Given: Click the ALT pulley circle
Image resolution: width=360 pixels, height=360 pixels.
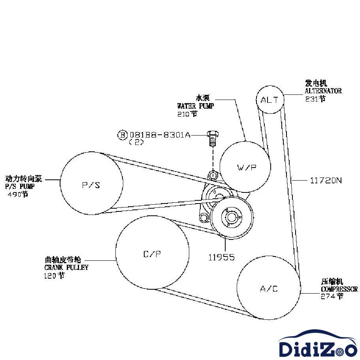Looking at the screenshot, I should click(270, 100).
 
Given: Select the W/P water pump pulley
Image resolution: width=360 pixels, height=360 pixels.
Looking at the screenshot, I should click(246, 167).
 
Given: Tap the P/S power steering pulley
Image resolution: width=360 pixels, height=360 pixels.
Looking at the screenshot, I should click(91, 184).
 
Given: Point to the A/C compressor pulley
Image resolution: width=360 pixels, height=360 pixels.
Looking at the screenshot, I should click(269, 288).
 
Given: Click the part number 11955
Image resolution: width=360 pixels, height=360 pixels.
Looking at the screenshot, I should click(222, 257).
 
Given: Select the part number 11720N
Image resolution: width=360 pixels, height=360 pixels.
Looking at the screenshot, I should click(326, 180).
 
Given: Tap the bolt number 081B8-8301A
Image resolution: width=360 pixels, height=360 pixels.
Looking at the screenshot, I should click(160, 135).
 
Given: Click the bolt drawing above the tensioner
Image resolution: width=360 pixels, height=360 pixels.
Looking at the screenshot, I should click(213, 138).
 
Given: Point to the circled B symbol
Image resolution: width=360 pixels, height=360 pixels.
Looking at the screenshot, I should click(123, 135).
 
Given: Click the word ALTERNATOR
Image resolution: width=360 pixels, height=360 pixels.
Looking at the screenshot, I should click(323, 91).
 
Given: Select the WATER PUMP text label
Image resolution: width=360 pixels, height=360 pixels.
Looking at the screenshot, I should click(195, 106).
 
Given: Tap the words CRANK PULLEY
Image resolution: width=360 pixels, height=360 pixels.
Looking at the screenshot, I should click(66, 268).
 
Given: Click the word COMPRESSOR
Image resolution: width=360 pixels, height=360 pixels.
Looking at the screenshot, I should click(339, 289).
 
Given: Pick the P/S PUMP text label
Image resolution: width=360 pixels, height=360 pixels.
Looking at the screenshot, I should click(20, 187).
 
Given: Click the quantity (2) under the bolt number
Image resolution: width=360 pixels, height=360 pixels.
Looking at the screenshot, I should click(136, 142).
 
